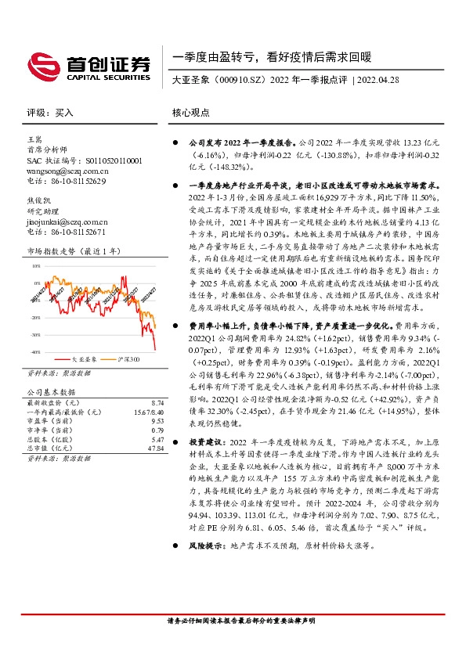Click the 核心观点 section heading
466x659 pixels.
[190, 112]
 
